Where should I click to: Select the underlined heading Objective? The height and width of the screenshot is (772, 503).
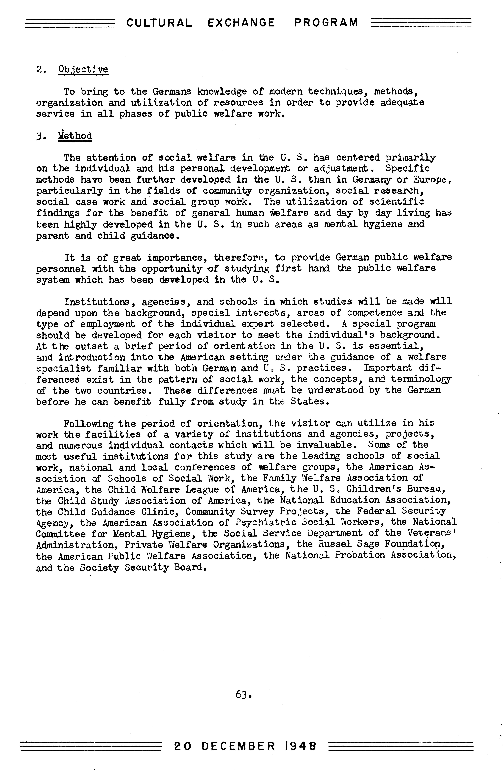tap(83, 69)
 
